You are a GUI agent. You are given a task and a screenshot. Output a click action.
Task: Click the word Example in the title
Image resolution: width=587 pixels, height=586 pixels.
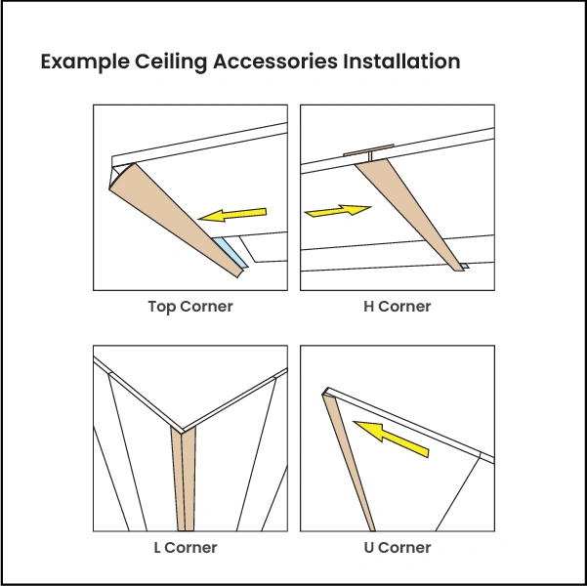tap(85, 63)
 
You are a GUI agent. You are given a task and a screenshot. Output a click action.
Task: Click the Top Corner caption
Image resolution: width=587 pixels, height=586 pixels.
tap(190, 307)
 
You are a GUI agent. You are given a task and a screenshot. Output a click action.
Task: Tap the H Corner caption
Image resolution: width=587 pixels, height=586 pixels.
tap(397, 307)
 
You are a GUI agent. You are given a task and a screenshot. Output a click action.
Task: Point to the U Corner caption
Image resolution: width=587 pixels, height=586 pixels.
tap(397, 547)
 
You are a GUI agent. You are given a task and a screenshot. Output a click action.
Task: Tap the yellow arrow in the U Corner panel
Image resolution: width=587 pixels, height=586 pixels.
tap(391, 438)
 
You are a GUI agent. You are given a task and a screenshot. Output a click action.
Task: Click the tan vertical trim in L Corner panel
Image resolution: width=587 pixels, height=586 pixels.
tap(183, 479)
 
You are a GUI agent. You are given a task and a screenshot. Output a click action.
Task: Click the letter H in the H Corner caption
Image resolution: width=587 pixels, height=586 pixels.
tap(369, 307)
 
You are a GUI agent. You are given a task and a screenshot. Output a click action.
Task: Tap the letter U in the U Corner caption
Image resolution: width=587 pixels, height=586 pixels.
tap(369, 547)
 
